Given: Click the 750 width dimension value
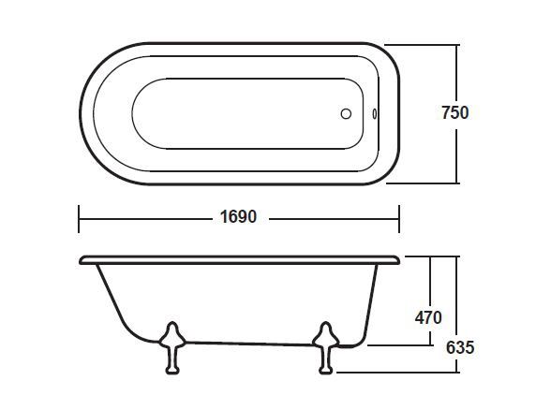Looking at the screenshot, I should tap(454, 112).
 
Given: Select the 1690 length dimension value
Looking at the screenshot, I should tap(238, 217).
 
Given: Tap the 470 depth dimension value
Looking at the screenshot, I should tap(427, 317).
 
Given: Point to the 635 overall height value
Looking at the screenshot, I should tap(459, 346).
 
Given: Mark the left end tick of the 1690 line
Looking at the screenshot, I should tap(78, 218).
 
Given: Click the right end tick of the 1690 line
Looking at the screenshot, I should tap(399, 218).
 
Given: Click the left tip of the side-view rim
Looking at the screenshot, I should tap(82, 258).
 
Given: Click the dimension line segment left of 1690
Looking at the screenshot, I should tap(145, 218).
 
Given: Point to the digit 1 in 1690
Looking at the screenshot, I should tap(224, 217).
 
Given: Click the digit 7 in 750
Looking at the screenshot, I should tap(445, 112).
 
